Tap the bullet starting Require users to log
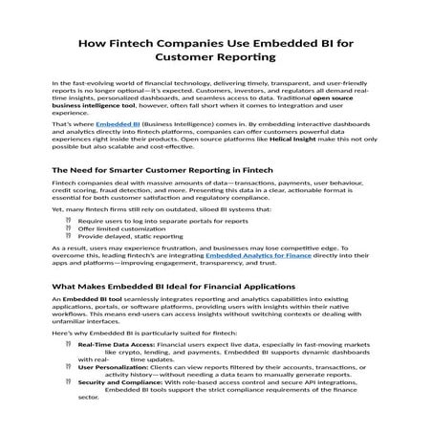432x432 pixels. pos(143,221)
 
